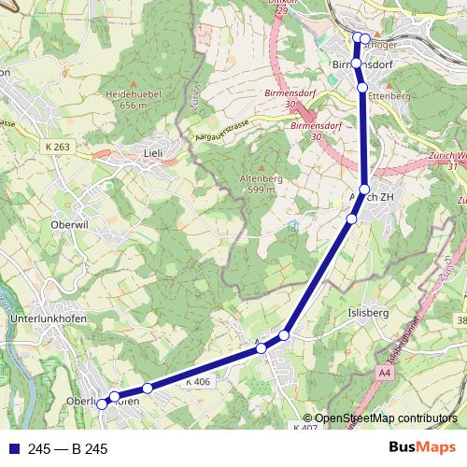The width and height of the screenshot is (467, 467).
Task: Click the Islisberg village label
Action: pyautogui.click(x=367, y=313)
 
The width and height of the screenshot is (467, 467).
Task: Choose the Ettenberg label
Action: pyautogui.click(x=389, y=95)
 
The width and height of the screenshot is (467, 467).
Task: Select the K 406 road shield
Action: pyautogui.click(x=198, y=381)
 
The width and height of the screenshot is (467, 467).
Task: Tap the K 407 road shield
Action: pyautogui.click(x=305, y=428)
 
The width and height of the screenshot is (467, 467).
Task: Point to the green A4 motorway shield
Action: pyautogui.click(x=385, y=373)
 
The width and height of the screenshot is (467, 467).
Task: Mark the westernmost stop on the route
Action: pyautogui.click(x=102, y=404)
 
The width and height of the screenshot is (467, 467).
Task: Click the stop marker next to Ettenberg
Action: pyautogui.click(x=362, y=87)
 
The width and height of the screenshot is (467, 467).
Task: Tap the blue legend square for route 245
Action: pyautogui.click(x=13, y=449)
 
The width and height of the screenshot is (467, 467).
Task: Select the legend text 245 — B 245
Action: pyautogui.click(x=68, y=449)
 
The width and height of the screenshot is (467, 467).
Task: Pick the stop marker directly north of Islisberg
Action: pyautogui.click(x=351, y=219)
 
